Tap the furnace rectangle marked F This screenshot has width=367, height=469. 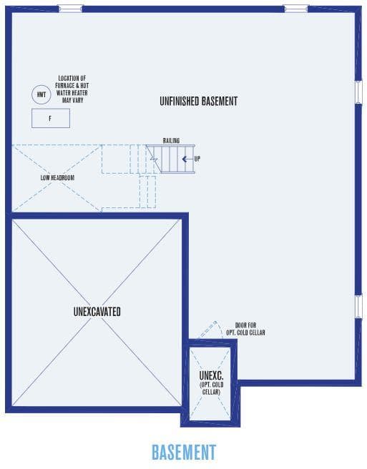[x=51, y=119]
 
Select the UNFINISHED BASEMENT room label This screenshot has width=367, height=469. [x=198, y=101]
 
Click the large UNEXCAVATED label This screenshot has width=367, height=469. [x=97, y=312]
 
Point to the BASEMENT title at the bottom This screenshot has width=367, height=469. [x=184, y=452]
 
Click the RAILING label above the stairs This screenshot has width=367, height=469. [x=171, y=141]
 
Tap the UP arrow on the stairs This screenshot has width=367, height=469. [x=187, y=159]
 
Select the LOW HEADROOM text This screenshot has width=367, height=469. [x=57, y=178]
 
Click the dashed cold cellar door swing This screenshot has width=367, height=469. [x=207, y=330]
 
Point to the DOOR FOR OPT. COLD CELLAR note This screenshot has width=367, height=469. [x=245, y=329]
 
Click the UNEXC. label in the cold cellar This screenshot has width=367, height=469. [x=211, y=375]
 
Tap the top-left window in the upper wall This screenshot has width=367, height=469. [x=70, y=9]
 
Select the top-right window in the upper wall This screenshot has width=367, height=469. [x=296, y=9]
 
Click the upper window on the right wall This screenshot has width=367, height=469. [x=358, y=92]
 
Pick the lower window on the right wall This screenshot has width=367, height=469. [x=358, y=307]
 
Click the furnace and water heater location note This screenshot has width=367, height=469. [x=72, y=89]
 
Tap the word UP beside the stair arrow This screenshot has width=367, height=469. [x=197, y=159]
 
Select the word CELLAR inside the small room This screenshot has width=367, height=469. [x=211, y=392]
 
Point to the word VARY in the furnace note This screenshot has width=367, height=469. [x=77, y=100]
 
